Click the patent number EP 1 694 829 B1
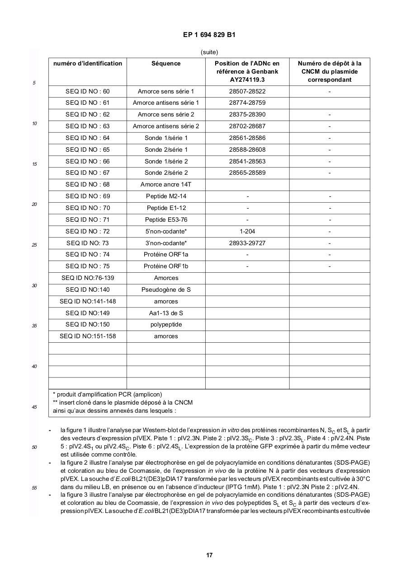[209, 35]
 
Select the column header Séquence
[166, 64]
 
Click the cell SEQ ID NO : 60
[87, 91]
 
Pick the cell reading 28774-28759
[247, 103]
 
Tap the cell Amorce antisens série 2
[166, 126]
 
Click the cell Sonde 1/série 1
[166, 138]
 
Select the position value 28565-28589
[247, 173]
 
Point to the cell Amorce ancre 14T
[166, 185]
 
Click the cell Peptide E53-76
[166, 219]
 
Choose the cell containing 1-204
[247, 231]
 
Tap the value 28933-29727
[247, 243]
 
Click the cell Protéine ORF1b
[166, 266]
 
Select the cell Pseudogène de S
[166, 289]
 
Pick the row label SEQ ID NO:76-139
[87, 278]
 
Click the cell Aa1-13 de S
[166, 313]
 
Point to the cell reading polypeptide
[166, 325]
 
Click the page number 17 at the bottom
[209, 555]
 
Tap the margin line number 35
[34, 326]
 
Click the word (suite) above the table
[209, 52]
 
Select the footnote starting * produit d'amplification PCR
[107, 394]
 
